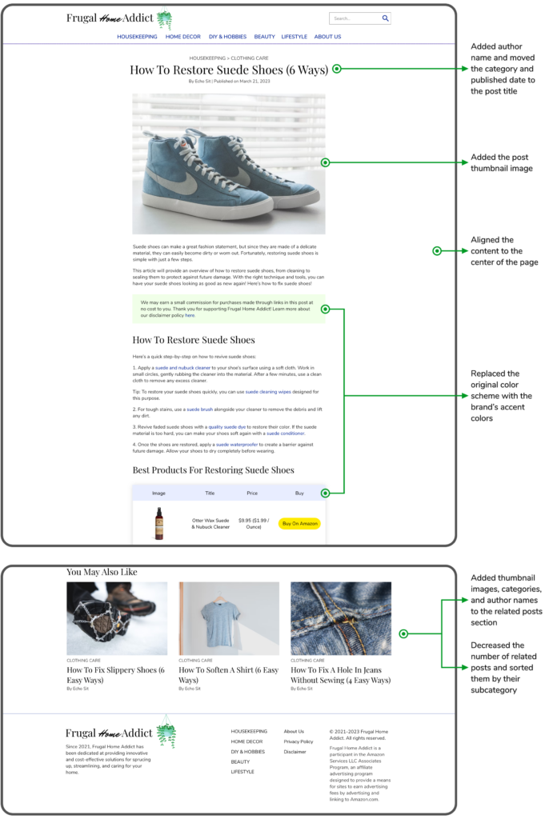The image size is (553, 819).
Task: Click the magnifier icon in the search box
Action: pyautogui.click(x=385, y=18)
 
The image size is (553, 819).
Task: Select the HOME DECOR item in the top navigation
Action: pyautogui.click(x=183, y=37)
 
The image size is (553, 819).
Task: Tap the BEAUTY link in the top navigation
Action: pyautogui.click(x=264, y=37)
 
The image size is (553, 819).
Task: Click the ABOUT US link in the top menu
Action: pyautogui.click(x=327, y=37)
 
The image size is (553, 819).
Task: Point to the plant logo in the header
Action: pyautogui.click(x=165, y=19)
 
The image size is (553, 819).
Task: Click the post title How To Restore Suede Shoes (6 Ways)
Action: pyautogui.click(x=229, y=70)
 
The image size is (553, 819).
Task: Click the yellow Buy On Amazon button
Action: pyautogui.click(x=299, y=523)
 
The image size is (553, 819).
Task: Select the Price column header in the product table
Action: pyautogui.click(x=252, y=493)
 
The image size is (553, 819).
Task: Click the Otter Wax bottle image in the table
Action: pyautogui.click(x=159, y=523)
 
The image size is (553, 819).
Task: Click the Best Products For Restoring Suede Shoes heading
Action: pyautogui.click(x=213, y=469)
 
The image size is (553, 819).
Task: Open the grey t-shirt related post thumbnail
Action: pyautogui.click(x=229, y=618)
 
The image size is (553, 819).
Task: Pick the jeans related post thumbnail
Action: pyautogui.click(x=341, y=618)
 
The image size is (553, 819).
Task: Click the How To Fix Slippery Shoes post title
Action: pyautogui.click(x=116, y=675)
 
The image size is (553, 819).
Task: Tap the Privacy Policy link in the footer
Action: pyautogui.click(x=299, y=741)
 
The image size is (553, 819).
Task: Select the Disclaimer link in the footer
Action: pyautogui.click(x=295, y=752)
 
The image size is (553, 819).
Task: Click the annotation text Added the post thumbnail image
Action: pyautogui.click(x=502, y=163)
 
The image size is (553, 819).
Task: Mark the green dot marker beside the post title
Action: pyautogui.click(x=337, y=69)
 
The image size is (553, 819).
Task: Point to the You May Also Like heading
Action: pyautogui.click(x=102, y=572)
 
